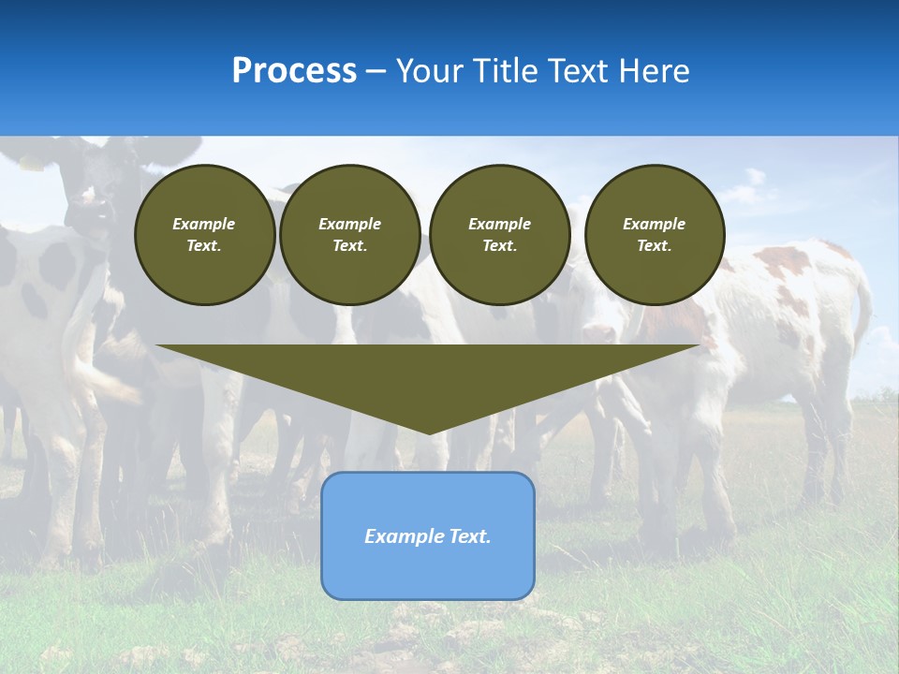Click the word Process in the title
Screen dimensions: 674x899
294,71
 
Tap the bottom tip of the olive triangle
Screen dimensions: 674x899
429,432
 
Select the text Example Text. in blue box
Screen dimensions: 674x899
428,536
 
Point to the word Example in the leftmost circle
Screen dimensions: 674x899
203,224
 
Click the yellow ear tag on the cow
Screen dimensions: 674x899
31,165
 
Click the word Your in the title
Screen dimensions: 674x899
429,71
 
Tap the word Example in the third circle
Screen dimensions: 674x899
499,224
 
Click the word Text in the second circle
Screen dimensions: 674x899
349,245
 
